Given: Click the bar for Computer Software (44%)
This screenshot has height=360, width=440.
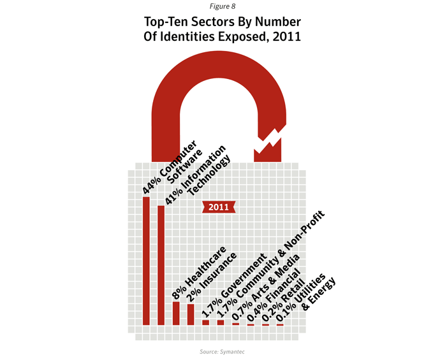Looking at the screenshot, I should (x=146, y=261).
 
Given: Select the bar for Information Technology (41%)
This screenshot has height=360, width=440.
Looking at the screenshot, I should (x=161, y=265).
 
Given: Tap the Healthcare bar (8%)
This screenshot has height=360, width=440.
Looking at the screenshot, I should (x=176, y=313).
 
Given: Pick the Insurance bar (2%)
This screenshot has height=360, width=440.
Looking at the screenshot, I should (x=190, y=314).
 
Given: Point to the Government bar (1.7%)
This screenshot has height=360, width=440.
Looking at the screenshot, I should (x=205, y=322).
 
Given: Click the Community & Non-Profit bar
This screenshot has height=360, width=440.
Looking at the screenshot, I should (x=221, y=322).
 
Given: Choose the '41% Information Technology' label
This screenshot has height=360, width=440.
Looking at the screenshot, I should (x=197, y=175).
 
